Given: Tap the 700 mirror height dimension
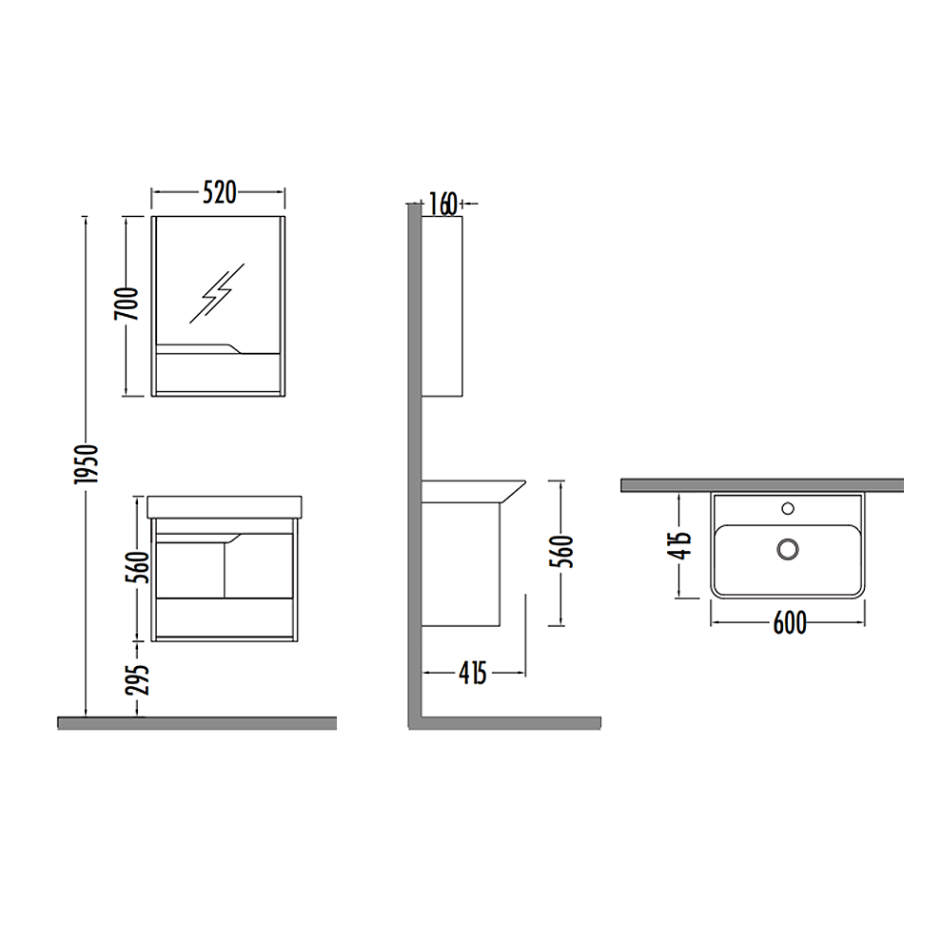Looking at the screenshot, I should [131, 304].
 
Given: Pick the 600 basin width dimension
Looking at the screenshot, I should [789, 622].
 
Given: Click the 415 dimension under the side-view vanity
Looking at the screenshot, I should [473, 673].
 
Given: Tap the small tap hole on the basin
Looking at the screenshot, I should [787, 508].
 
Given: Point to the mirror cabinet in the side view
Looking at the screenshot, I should [443, 304].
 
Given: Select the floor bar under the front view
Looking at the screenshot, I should [197, 722].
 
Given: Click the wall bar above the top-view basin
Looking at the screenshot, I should [761, 485].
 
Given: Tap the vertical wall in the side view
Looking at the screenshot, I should [415, 457].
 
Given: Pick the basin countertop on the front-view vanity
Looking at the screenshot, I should [225, 506].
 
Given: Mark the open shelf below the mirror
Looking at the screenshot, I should [218, 372].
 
